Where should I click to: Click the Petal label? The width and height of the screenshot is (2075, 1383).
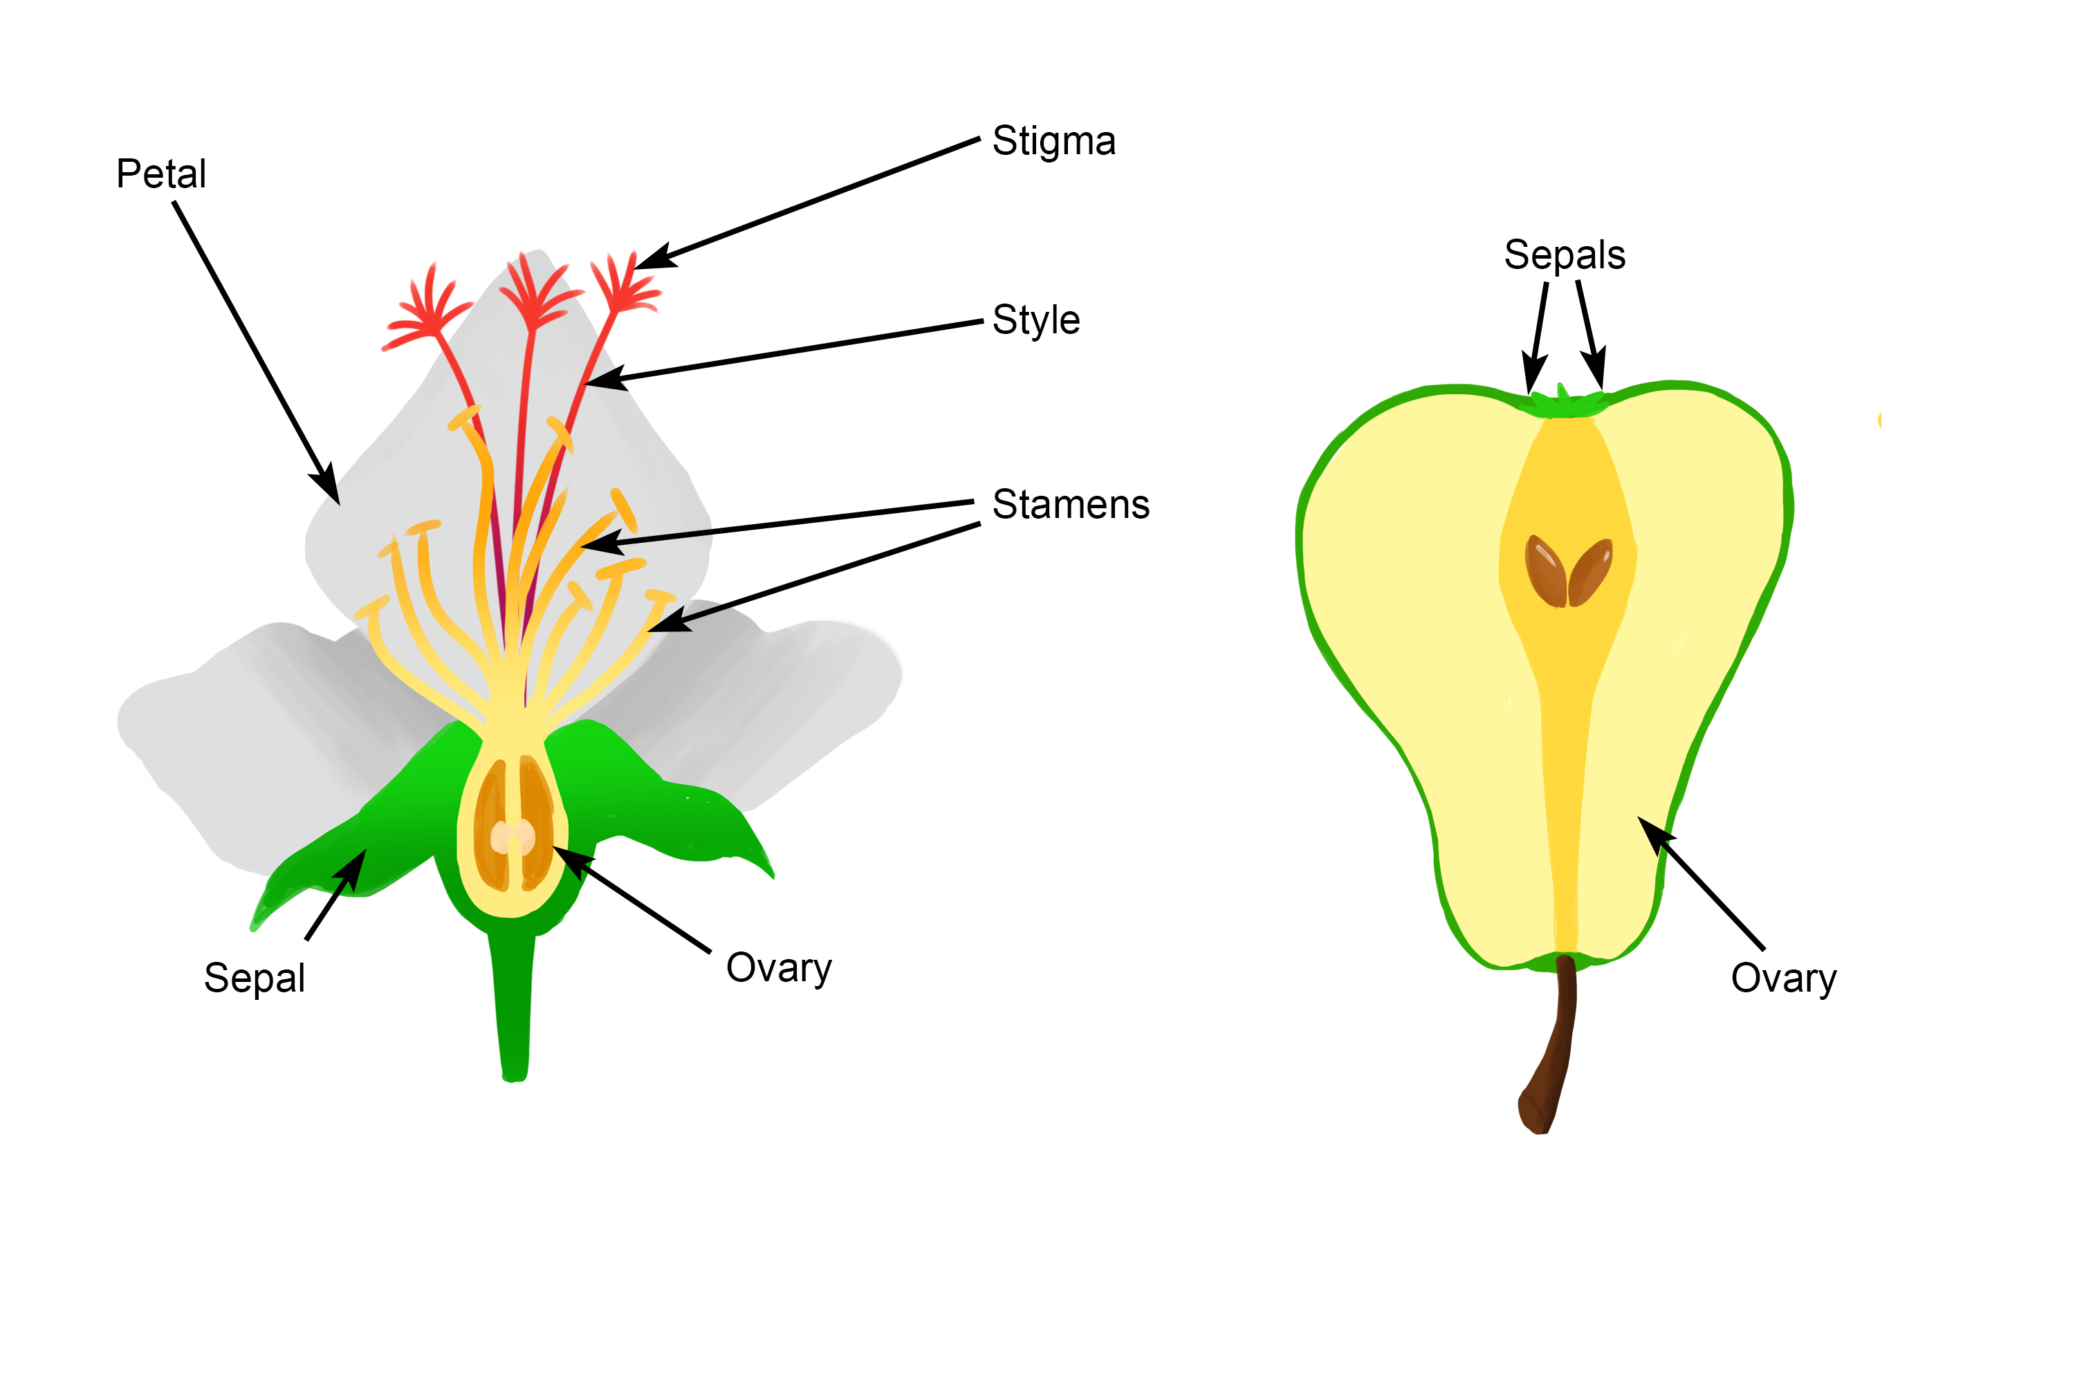click(x=161, y=174)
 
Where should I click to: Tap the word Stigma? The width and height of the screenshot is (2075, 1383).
click(x=1053, y=141)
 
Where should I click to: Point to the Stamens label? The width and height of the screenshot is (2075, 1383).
click(x=1070, y=505)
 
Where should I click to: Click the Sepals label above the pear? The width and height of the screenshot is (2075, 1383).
click(x=1564, y=255)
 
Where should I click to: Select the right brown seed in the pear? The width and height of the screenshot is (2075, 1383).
click(x=1592, y=573)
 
